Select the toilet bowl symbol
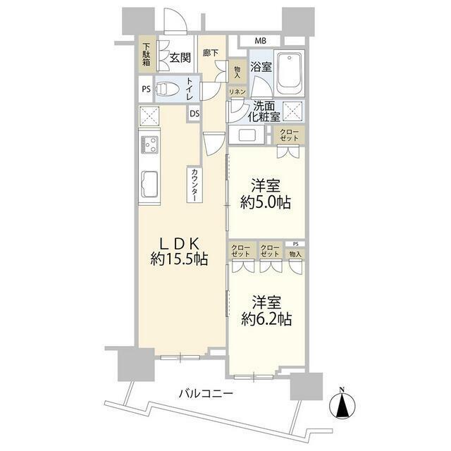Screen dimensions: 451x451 pyautogui.click(x=168, y=90)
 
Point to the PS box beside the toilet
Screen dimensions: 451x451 pyautogui.click(x=146, y=89)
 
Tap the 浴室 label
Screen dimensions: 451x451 pyautogui.click(x=261, y=68)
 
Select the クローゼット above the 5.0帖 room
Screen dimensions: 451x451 pyautogui.click(x=289, y=135)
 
